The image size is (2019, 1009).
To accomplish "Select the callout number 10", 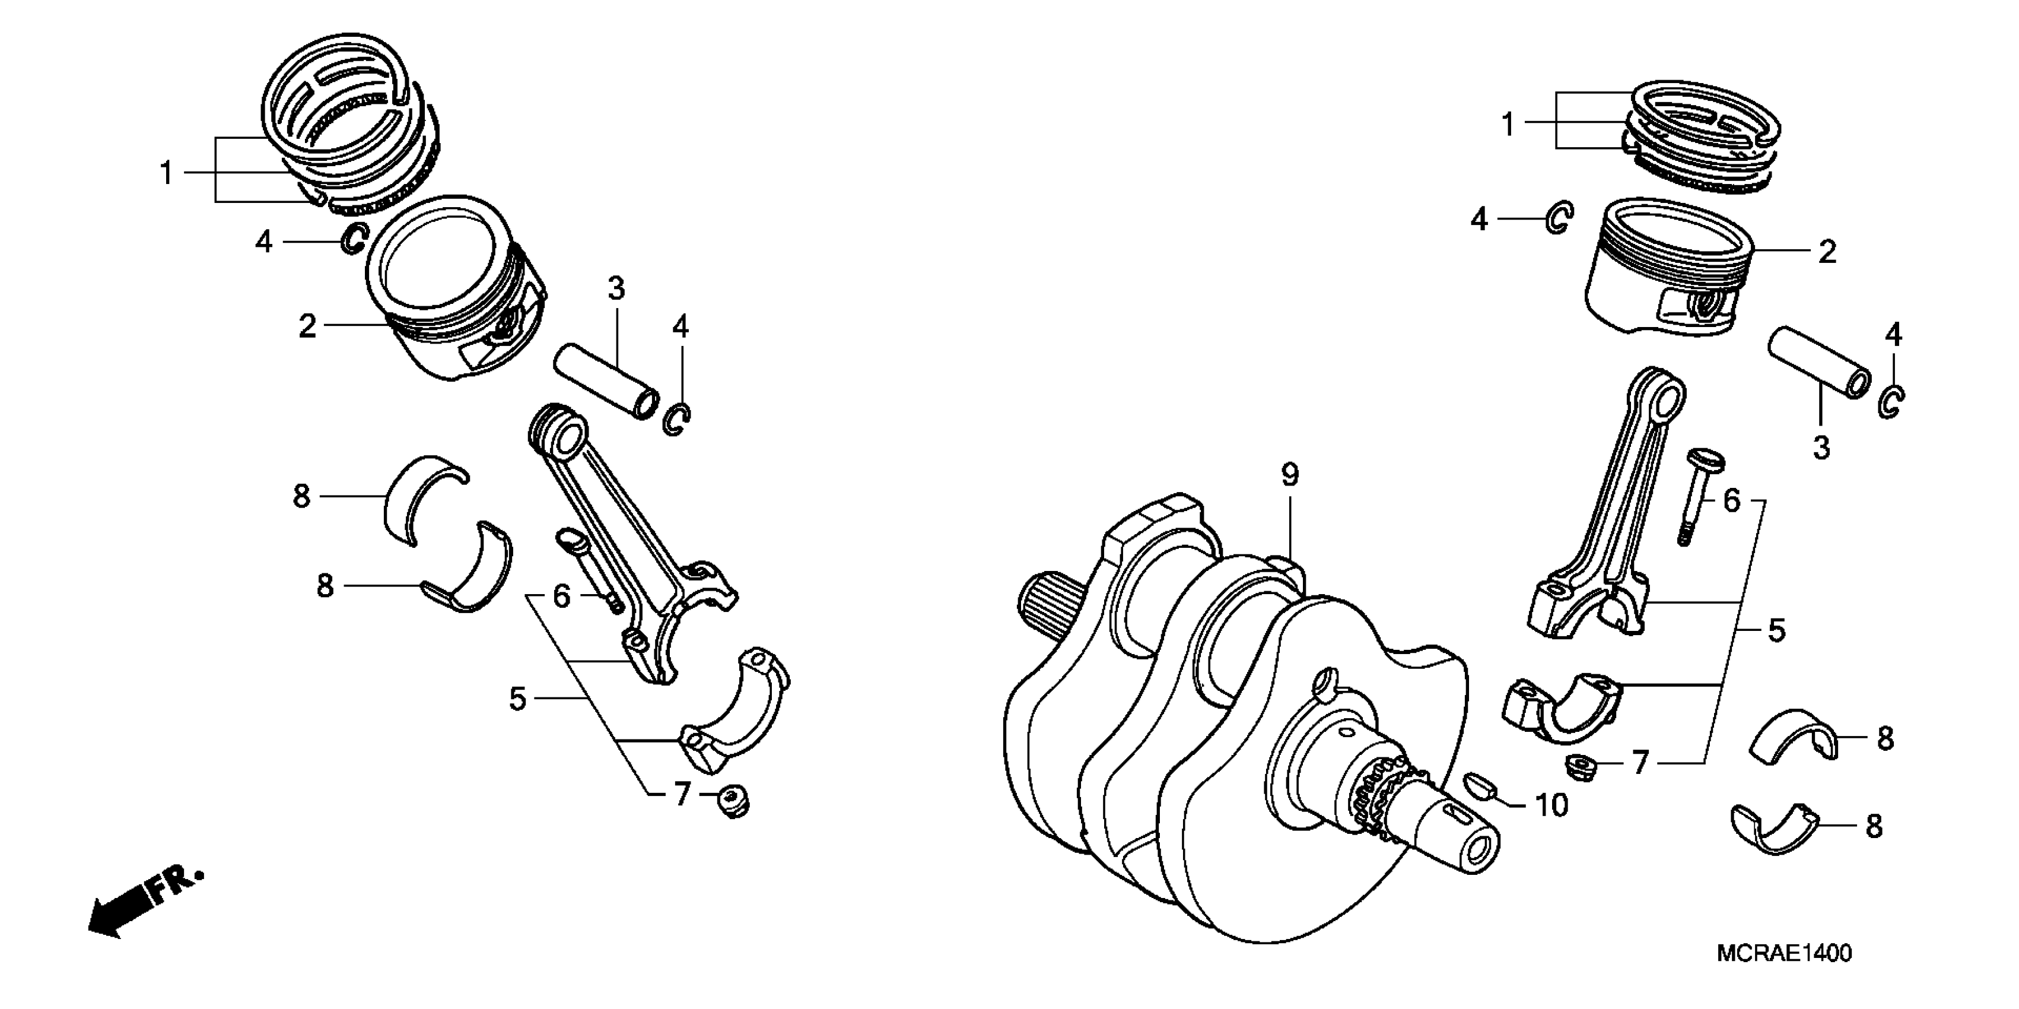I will click(1550, 805).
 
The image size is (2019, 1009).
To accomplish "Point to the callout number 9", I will click(1289, 474).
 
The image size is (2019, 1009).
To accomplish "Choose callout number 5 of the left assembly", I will click(517, 699).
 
